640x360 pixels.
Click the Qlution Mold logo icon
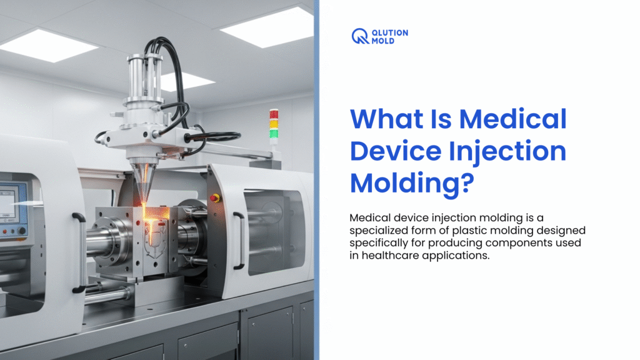(x=361, y=36)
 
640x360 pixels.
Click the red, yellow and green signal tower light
(x=274, y=124)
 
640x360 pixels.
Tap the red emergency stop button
(x=215, y=197)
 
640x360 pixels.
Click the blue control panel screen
(x=7, y=204)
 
